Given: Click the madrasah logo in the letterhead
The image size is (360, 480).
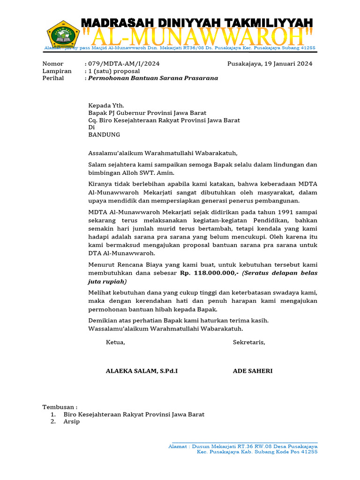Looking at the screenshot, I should pyautogui.click(x=63, y=35).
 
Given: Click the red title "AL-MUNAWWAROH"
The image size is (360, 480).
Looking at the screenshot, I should pyautogui.click(x=197, y=36).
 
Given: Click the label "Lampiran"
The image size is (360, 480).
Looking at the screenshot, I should pyautogui.click(x=57, y=71).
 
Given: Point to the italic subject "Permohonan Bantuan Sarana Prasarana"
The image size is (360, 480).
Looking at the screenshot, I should pyautogui.click(x=153, y=78).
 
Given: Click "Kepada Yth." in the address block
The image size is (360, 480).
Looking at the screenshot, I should pyautogui.click(x=106, y=106).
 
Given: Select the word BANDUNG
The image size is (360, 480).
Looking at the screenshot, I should pyautogui.click(x=104, y=135).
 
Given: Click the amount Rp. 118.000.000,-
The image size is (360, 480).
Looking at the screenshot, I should pyautogui.click(x=209, y=273).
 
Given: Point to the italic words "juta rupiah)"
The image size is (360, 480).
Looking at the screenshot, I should pyautogui.click(x=107, y=282).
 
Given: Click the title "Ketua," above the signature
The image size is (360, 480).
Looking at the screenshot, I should pyautogui.click(x=115, y=342).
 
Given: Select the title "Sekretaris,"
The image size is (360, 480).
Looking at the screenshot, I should pyautogui.click(x=249, y=342).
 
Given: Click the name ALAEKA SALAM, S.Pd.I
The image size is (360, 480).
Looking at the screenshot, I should pyautogui.click(x=142, y=371).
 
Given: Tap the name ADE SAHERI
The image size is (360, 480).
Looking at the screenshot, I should pyautogui.click(x=253, y=371).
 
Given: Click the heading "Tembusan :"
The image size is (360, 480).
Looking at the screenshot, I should pyautogui.click(x=60, y=407).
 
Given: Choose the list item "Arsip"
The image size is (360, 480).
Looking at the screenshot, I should pyautogui.click(x=72, y=421).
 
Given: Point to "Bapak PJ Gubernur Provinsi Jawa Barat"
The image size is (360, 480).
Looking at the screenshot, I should pyautogui.click(x=147, y=113).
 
